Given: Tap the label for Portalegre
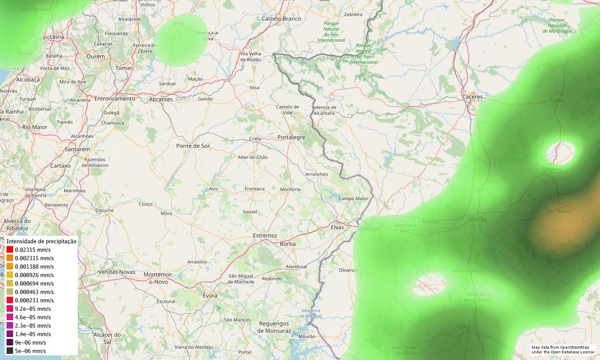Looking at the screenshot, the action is (x=291, y=137).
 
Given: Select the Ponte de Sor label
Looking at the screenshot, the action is (x=193, y=146).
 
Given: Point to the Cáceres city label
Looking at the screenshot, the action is (x=472, y=97).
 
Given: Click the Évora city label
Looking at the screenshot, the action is (x=210, y=295).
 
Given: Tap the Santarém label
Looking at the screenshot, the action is (x=77, y=149).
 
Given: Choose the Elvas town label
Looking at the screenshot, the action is (x=337, y=227).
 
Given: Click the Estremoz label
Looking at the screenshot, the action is (x=265, y=235).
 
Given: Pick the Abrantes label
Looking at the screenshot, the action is (x=160, y=99).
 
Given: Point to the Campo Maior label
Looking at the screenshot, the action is (x=353, y=198).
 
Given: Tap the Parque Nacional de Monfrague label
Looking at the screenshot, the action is (x=557, y=25).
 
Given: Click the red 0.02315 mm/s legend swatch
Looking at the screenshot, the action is (x=10, y=250).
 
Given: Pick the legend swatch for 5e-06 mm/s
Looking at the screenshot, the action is (x=10, y=351).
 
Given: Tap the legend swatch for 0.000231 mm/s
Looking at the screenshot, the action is (x=10, y=300).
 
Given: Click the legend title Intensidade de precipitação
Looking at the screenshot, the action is (x=41, y=241).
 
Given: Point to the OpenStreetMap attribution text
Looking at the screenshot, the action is (x=562, y=350).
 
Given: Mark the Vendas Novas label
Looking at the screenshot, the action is (x=117, y=272).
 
